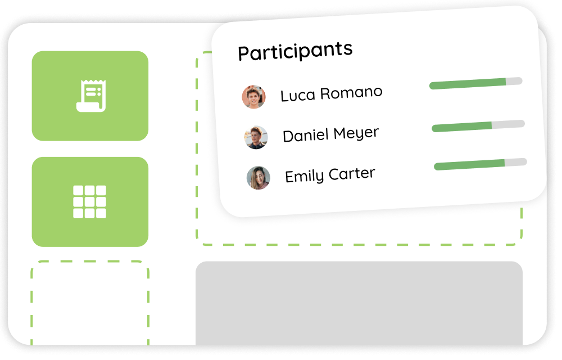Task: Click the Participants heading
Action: coord(295,51)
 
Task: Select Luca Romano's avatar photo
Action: coord(253,97)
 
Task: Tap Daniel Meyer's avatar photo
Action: coord(256,137)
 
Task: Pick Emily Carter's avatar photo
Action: coord(258,178)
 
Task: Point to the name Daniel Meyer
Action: coord(330,134)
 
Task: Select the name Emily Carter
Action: coord(329,175)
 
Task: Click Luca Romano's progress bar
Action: coord(475,83)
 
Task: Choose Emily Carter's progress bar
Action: coord(480,164)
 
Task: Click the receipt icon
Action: coord(90,96)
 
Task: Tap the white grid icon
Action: coord(89,201)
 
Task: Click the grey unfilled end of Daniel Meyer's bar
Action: coord(508,124)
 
